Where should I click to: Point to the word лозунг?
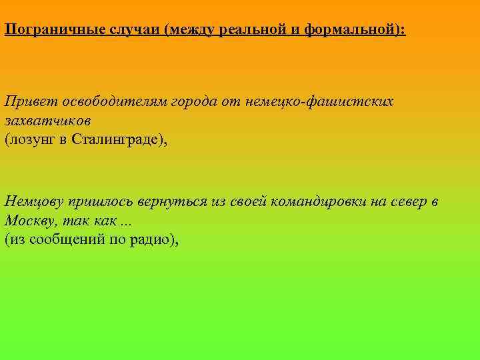point(31,140)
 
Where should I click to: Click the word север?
point(407,202)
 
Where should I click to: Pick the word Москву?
point(27,221)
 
